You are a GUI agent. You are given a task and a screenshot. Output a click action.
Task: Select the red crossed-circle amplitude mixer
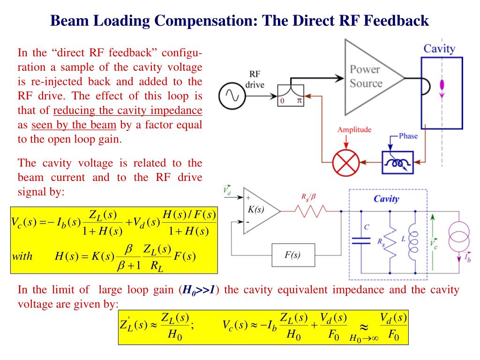point(345,163)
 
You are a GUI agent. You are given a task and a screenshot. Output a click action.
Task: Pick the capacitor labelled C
point(360,240)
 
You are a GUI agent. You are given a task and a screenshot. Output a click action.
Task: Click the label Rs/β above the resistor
point(311,197)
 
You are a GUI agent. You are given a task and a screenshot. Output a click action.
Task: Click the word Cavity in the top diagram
point(439,48)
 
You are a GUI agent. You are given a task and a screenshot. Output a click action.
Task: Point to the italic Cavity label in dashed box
point(386,199)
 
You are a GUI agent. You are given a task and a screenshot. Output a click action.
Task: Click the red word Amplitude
point(354,130)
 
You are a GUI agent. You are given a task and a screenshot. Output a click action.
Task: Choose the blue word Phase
point(408,136)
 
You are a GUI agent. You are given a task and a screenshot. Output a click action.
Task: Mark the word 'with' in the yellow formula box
point(23,256)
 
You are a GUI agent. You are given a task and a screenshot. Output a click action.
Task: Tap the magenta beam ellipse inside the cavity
point(441,85)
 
